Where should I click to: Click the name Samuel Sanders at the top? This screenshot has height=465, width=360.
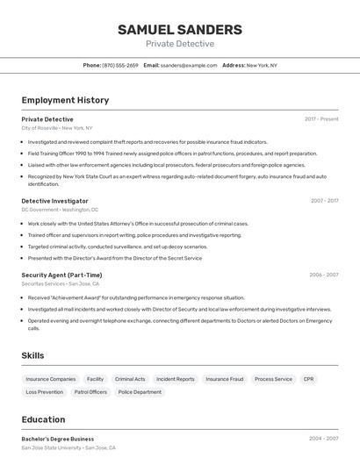(180, 30)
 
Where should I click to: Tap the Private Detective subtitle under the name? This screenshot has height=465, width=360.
(180, 44)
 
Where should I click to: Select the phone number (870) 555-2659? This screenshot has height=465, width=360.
(120, 65)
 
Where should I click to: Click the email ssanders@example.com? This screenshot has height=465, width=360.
(189, 65)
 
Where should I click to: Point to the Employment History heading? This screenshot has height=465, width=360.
(65, 100)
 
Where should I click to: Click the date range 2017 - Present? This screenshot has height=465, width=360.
(321, 118)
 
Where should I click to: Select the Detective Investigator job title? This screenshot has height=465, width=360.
(54, 201)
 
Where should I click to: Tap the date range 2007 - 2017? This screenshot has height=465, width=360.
(324, 201)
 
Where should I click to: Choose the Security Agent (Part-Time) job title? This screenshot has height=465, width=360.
(61, 275)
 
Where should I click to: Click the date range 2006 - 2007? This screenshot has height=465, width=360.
(324, 275)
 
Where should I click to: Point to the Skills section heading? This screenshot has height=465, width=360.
(33, 355)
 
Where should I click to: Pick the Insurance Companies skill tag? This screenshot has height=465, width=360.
(50, 379)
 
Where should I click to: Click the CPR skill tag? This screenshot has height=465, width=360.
(309, 379)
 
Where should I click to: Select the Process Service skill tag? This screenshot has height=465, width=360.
(273, 379)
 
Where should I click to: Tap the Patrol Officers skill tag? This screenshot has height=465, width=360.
(90, 392)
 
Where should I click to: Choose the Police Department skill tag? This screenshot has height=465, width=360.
(140, 392)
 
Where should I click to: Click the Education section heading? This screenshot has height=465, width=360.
(43, 419)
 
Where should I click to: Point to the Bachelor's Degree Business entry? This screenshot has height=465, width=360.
(58, 439)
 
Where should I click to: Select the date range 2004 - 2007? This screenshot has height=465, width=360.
(324, 439)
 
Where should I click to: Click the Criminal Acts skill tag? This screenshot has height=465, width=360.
(130, 379)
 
